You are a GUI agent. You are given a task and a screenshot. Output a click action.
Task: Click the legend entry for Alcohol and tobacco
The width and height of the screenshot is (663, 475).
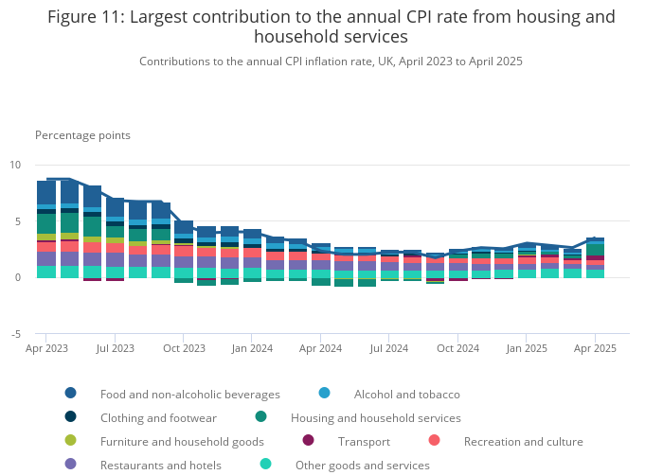[x=406, y=394]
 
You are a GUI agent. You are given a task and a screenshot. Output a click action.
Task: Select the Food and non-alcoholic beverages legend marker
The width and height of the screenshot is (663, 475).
[x=70, y=394]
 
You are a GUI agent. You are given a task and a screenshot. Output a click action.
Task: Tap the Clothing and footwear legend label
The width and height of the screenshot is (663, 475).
[x=158, y=417]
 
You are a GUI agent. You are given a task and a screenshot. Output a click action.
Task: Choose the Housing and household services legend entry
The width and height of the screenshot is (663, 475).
[x=375, y=417]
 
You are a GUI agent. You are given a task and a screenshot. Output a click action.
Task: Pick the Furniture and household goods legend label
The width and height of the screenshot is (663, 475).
[x=182, y=441]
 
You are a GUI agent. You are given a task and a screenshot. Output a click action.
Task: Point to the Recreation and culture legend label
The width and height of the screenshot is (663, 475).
[x=523, y=441]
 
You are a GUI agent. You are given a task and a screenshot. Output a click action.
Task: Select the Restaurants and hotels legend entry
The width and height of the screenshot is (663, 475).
[x=160, y=465]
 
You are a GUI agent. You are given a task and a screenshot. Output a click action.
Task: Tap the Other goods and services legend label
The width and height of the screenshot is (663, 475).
[x=362, y=465]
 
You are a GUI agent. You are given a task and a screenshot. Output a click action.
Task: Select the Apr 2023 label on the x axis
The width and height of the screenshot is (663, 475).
[x=46, y=349]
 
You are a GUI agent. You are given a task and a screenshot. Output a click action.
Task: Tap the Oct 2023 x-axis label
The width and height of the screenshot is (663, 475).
[x=184, y=349]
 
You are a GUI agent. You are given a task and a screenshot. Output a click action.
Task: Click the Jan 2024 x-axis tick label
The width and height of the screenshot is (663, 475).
[x=252, y=349]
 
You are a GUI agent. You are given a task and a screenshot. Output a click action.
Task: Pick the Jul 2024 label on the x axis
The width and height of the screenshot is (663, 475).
[x=389, y=349]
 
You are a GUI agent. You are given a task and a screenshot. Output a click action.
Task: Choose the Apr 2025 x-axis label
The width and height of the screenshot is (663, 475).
[x=595, y=349]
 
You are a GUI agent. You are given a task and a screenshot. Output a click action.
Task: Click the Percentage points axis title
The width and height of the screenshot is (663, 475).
[x=82, y=135]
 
